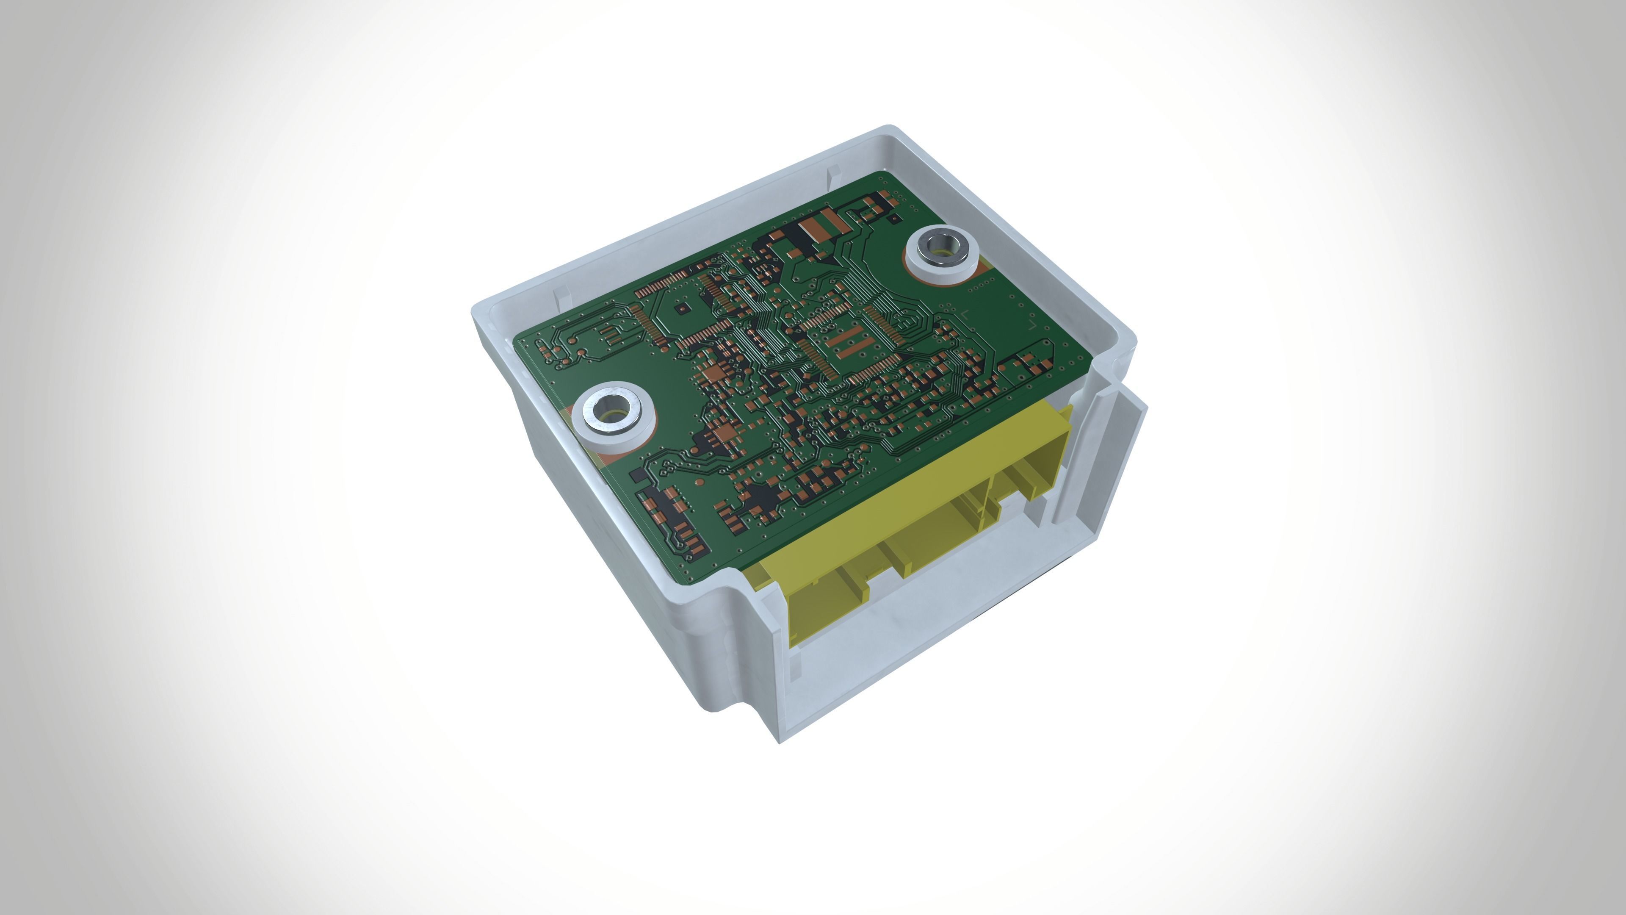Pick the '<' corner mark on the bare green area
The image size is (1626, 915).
(x=965, y=314)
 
